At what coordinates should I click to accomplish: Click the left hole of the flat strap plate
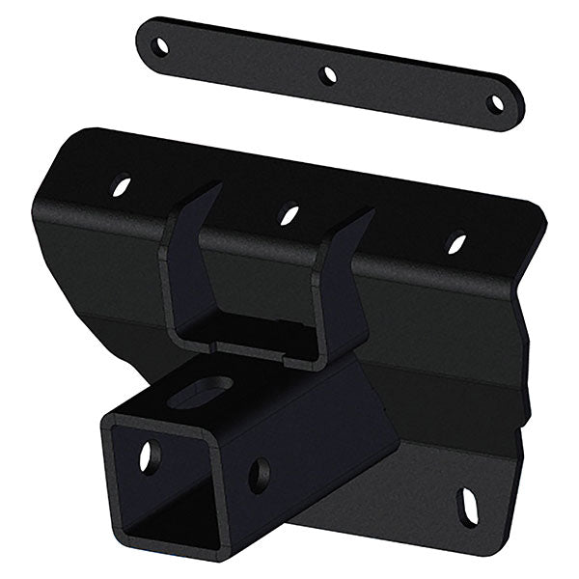(161, 44)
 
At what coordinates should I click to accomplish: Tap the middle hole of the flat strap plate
(328, 73)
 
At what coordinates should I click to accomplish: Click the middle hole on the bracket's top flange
(288, 213)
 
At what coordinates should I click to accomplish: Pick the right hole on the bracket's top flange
(456, 242)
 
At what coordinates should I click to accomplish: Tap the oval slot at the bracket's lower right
(467, 506)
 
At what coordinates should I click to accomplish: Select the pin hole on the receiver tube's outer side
(260, 475)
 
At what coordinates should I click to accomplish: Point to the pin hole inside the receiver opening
(147, 455)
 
